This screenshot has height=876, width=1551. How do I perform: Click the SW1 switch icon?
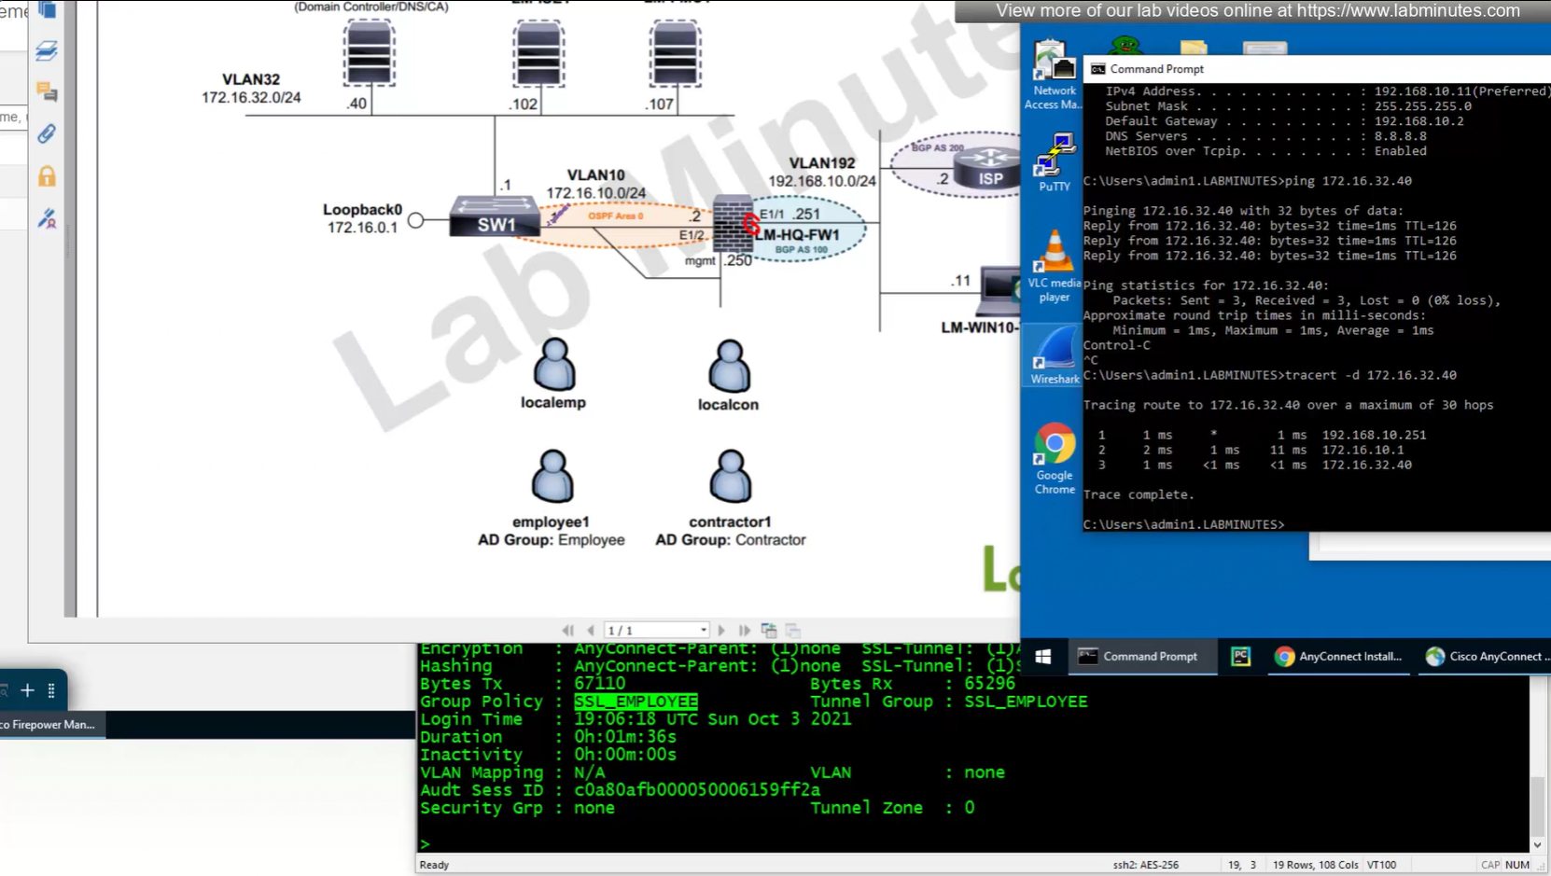[x=495, y=216]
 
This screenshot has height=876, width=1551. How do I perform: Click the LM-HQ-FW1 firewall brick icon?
[x=733, y=224]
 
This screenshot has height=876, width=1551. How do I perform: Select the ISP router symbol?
[x=990, y=168]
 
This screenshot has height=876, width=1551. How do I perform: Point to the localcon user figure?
[x=729, y=366]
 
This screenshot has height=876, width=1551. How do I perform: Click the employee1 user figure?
[x=552, y=477]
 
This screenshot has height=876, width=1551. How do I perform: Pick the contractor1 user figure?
[x=730, y=477]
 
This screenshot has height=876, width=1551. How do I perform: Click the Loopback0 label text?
[x=362, y=210]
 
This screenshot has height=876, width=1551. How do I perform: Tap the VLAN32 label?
[x=251, y=79]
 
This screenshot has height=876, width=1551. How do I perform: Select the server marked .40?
[x=369, y=53]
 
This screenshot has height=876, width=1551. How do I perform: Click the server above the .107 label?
[x=675, y=53]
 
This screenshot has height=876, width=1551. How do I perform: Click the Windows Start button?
[x=1043, y=657]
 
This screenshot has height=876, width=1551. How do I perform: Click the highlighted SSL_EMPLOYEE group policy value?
[x=636, y=702]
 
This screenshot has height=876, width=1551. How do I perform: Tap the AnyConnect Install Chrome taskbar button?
[x=1339, y=657]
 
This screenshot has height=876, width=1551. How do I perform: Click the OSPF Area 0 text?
[x=615, y=216]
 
